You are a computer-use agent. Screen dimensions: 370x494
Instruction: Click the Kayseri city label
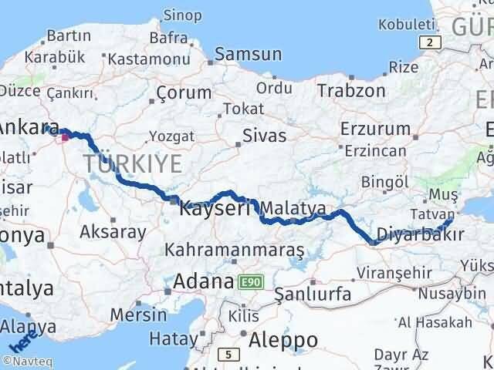click(x=215, y=208)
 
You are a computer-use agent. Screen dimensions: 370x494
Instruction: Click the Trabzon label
click(x=350, y=90)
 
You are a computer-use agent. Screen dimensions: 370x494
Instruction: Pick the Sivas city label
click(x=264, y=136)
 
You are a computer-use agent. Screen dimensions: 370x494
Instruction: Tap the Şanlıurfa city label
click(x=313, y=294)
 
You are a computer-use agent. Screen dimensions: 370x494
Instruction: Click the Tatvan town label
click(x=435, y=212)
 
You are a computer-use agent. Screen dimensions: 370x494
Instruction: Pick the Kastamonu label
click(x=144, y=59)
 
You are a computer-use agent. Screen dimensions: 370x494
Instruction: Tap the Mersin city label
click(x=138, y=314)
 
